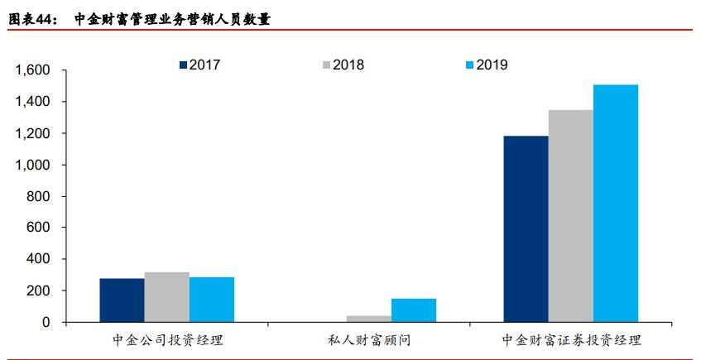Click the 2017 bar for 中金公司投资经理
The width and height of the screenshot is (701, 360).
pos(122,300)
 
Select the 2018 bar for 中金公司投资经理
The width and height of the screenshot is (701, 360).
pos(166,297)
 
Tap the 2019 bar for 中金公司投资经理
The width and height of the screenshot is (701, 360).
pos(212,300)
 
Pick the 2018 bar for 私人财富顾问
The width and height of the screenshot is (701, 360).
pos(368,319)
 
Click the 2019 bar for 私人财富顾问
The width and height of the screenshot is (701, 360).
pos(413,310)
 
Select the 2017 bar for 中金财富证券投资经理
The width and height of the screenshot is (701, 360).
pos(526,229)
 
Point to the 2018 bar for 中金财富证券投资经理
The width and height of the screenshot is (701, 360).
pos(570,216)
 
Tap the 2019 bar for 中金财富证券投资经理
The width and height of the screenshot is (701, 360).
pos(616,204)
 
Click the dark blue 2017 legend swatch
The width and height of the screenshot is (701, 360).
pos(184,65)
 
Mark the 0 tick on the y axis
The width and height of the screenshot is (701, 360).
pos(48,322)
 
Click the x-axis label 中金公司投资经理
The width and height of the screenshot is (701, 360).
pos(167,340)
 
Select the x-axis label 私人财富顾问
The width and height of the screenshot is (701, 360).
pos(368,340)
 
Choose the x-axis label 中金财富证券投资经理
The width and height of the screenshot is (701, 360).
pos(571,340)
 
